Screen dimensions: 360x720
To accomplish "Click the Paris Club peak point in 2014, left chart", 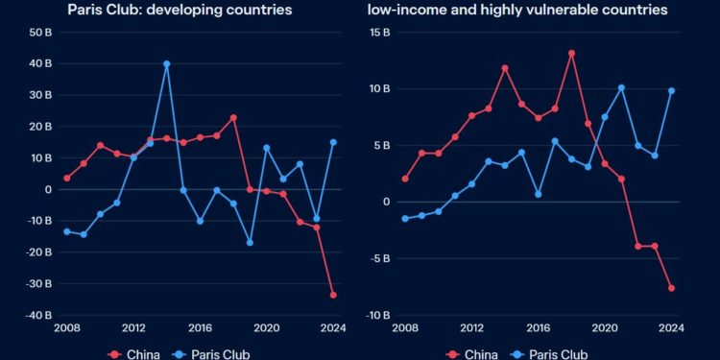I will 166,63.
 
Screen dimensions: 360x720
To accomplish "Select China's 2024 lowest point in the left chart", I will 333,295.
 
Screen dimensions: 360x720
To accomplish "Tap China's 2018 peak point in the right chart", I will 571,53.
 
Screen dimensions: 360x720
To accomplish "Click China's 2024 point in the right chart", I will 672,288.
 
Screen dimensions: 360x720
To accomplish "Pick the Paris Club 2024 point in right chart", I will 672,90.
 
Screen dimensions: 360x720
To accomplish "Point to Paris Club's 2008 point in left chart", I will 66,231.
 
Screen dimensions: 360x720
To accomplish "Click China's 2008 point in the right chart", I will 404,179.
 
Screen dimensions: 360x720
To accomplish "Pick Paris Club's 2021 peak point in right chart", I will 621,87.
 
